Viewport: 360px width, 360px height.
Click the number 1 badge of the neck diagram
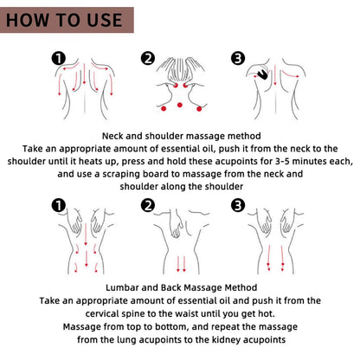tap(59, 59)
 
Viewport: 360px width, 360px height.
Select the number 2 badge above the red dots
tap(148, 59)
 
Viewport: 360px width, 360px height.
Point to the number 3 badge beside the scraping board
tap(237, 59)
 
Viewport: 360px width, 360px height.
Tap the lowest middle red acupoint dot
tap(179, 106)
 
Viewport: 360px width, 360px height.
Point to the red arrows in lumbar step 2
tap(179, 263)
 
